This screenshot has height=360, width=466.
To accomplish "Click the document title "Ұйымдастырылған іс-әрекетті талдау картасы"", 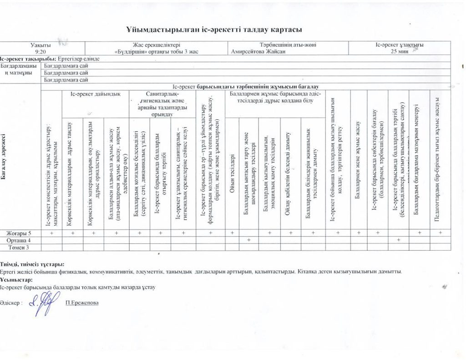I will (x=214, y=30).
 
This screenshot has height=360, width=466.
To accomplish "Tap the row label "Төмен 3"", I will (x=20, y=247).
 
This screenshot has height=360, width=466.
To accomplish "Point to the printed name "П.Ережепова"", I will (x=81, y=303).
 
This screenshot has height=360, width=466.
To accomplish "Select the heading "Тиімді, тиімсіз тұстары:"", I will (x=32, y=264).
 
